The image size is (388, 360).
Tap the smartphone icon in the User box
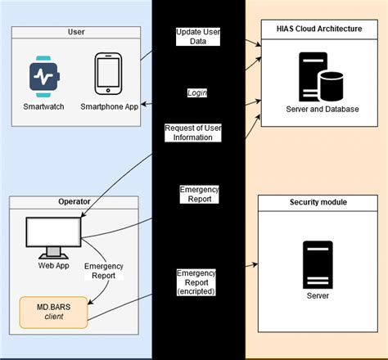[108, 75]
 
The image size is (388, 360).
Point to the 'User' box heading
[76, 32]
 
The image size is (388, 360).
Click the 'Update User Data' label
[199, 38]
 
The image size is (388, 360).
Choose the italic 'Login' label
[197, 93]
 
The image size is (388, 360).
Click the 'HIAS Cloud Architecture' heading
[321, 27]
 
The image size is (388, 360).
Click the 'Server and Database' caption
[322, 109]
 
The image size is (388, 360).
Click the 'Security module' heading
[321, 201]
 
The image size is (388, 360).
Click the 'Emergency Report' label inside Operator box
[104, 271]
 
